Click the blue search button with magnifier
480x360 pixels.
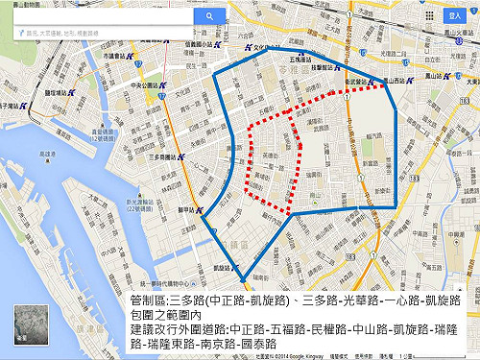[x=209, y=16]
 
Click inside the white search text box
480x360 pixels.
[x=106, y=16]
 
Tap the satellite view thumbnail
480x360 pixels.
[x=26, y=326]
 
